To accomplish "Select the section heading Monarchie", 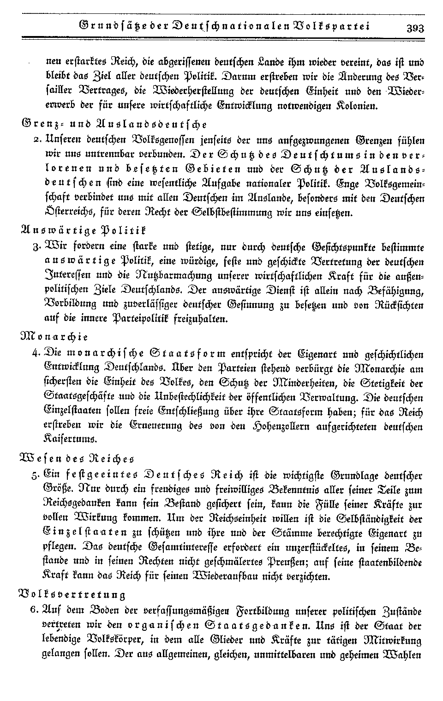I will pos(55,336).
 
